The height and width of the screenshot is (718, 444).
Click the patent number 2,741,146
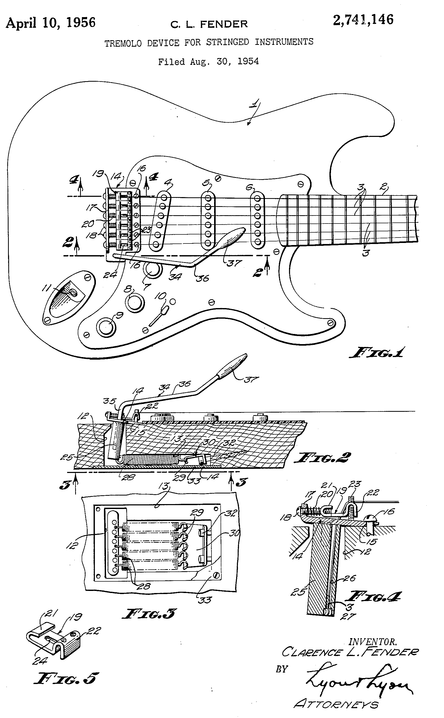tap(363, 20)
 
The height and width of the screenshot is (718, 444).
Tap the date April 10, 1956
tap(51, 23)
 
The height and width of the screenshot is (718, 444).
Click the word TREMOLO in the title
tap(123, 44)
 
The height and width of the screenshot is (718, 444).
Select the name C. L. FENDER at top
tap(209, 24)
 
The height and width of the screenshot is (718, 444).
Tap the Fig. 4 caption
tap(373, 597)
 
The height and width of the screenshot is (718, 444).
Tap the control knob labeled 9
tap(106, 327)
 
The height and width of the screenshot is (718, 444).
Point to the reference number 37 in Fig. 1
tap(234, 263)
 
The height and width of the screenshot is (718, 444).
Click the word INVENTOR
tap(372, 642)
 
